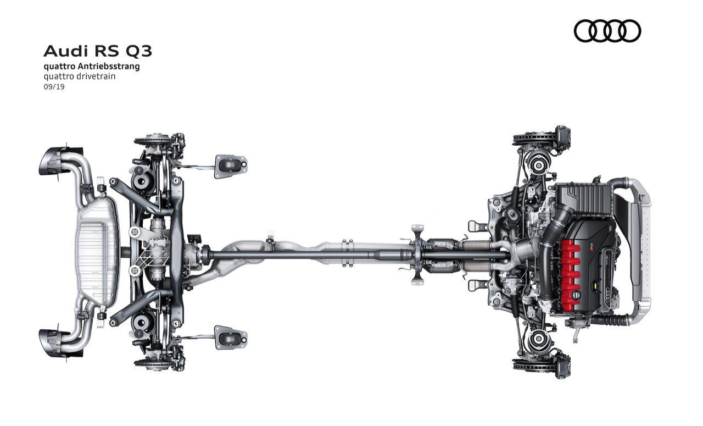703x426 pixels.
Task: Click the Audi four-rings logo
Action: (607, 31)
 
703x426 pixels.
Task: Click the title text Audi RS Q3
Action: (98, 51)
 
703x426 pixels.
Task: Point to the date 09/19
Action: (54, 87)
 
